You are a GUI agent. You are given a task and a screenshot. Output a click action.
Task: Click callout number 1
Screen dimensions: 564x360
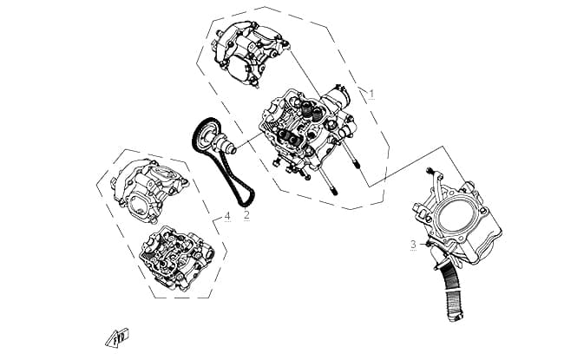coord(371,94)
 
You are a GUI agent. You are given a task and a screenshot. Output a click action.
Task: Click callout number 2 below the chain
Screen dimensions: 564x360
coord(246,215)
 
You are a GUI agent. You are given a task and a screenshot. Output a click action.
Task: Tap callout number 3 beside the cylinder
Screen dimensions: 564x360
coord(413,245)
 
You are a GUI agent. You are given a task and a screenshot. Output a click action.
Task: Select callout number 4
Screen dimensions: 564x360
coord(227,217)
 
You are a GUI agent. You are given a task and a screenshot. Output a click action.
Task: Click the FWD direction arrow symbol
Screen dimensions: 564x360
coord(117,337)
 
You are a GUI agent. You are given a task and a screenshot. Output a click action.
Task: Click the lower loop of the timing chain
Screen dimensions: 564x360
coord(246,199)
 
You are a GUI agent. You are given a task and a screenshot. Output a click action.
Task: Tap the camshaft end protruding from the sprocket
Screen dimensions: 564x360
coord(230,148)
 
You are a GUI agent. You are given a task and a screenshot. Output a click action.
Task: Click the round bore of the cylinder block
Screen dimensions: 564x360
coord(456,215)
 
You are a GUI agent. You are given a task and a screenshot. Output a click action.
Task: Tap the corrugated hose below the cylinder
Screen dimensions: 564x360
coord(453,291)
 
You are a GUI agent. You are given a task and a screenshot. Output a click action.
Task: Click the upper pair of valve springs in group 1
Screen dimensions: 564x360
coord(311,109)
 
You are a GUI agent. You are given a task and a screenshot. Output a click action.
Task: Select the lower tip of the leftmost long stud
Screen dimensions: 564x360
coord(335,193)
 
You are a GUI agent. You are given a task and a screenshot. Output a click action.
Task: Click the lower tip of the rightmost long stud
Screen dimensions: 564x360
coord(357,165)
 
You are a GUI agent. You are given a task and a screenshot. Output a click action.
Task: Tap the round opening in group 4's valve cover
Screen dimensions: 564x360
coord(139,206)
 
